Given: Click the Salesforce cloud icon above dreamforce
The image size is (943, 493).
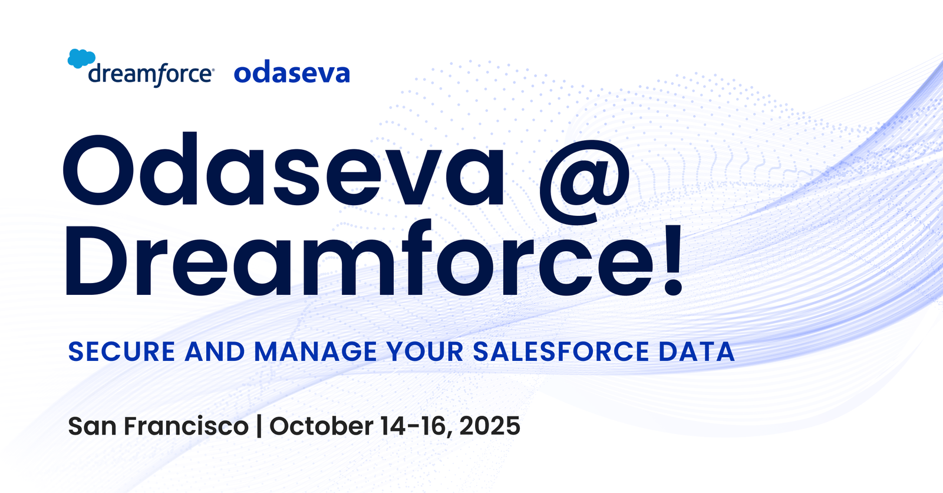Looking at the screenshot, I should click(81, 58).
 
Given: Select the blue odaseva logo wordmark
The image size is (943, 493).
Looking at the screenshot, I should click(292, 73).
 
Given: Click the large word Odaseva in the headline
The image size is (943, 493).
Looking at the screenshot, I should click(283, 171).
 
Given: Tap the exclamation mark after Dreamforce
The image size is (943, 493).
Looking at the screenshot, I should click(672, 259).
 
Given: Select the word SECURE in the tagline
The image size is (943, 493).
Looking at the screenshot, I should click(121, 352).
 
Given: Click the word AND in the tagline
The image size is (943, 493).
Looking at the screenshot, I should click(215, 352).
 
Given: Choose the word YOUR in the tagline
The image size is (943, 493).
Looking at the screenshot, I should click(425, 352).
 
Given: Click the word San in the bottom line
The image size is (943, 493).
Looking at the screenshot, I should click(92, 426).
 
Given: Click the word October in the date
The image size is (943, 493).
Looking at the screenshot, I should click(321, 426).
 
